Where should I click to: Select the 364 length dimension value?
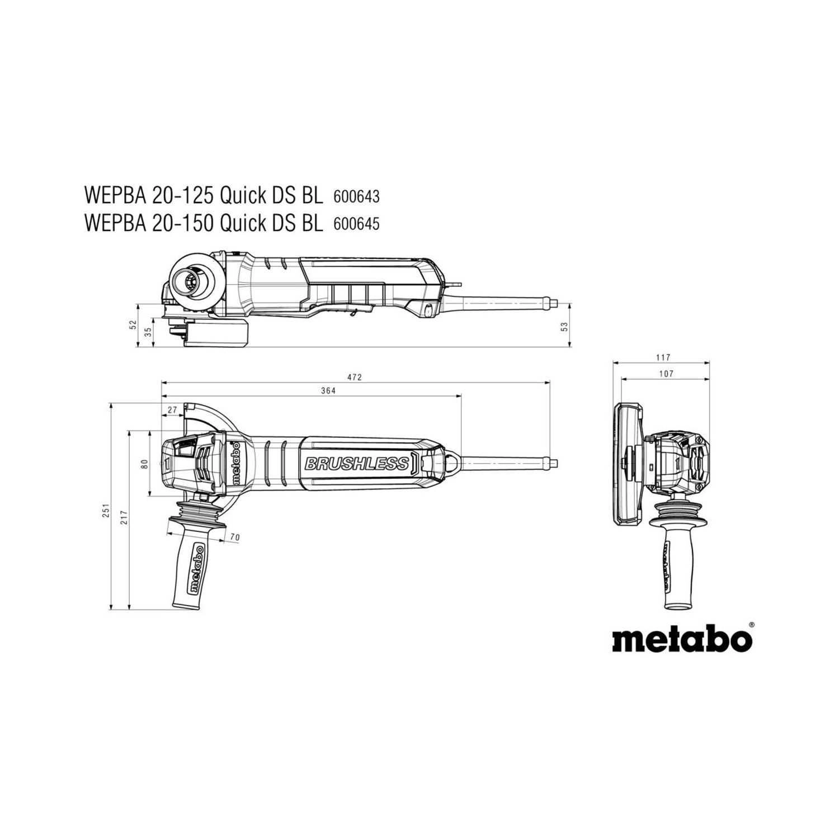tap(328, 392)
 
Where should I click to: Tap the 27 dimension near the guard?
tap(172, 410)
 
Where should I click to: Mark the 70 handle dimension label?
tap(235, 538)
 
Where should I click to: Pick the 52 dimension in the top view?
tap(133, 325)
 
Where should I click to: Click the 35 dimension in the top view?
tap(148, 332)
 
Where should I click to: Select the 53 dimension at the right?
tap(565, 325)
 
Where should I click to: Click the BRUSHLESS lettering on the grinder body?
tap(356, 464)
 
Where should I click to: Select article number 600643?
tap(356, 197)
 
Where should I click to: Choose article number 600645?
tap(356, 224)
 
